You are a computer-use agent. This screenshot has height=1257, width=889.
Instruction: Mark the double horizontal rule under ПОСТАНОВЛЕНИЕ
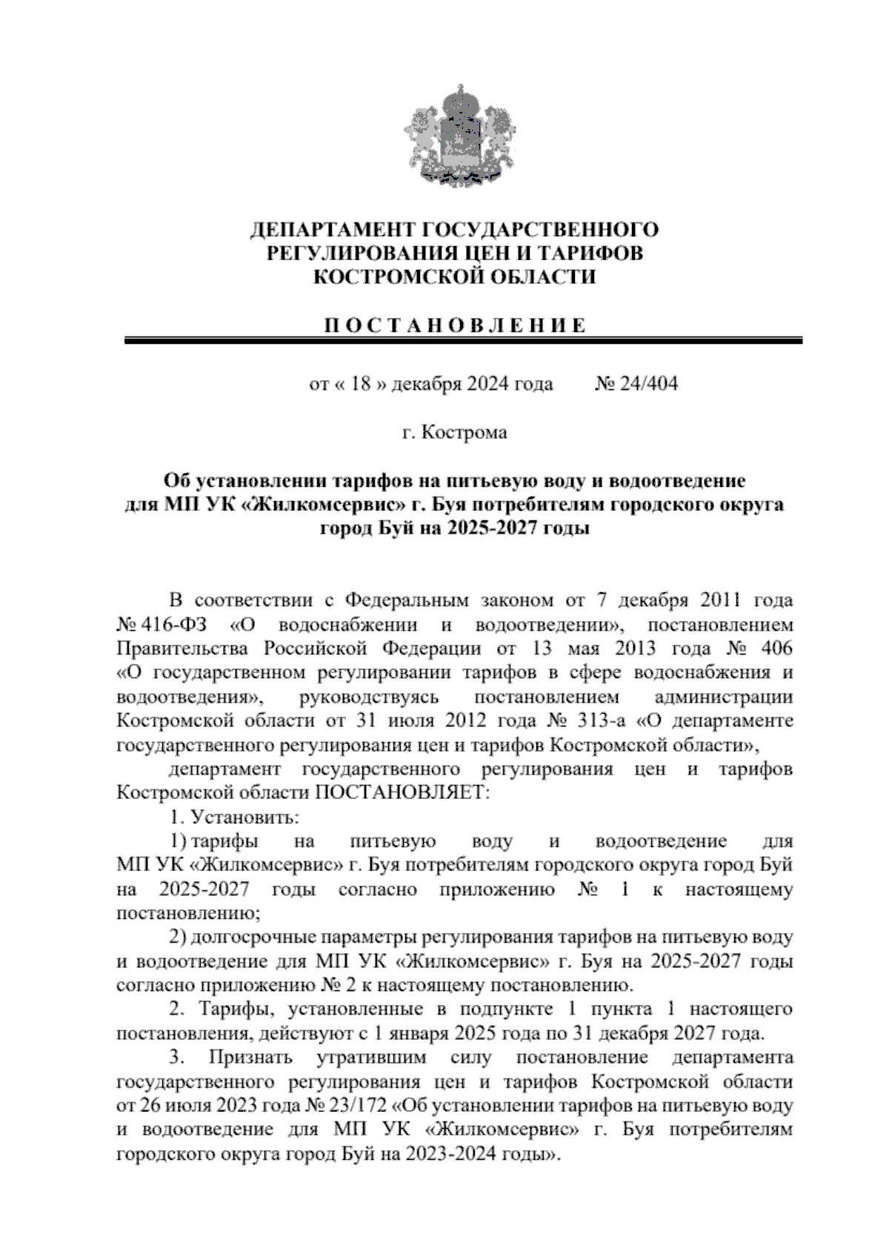(x=463, y=341)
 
